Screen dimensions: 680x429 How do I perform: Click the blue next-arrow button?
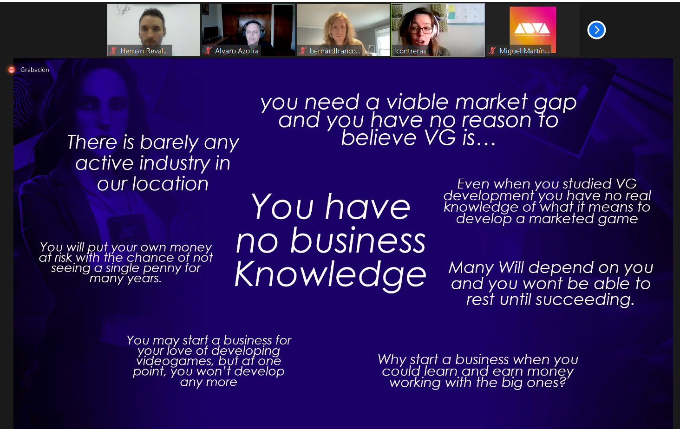(x=596, y=30)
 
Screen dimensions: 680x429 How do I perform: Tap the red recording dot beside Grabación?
(x=12, y=70)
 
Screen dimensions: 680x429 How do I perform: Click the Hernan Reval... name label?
(x=144, y=51)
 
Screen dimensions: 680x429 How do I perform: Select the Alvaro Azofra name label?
(x=237, y=51)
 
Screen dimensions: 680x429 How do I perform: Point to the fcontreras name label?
(x=410, y=51)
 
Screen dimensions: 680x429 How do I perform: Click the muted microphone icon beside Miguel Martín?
(x=492, y=51)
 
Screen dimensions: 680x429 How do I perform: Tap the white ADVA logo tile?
(x=532, y=29)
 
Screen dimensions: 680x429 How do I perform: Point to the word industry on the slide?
(x=175, y=163)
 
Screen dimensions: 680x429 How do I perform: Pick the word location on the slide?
(x=170, y=184)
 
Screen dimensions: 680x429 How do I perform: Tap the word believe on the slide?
(x=379, y=138)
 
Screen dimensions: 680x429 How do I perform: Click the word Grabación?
(x=35, y=70)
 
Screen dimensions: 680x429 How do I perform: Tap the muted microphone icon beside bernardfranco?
(x=302, y=51)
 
